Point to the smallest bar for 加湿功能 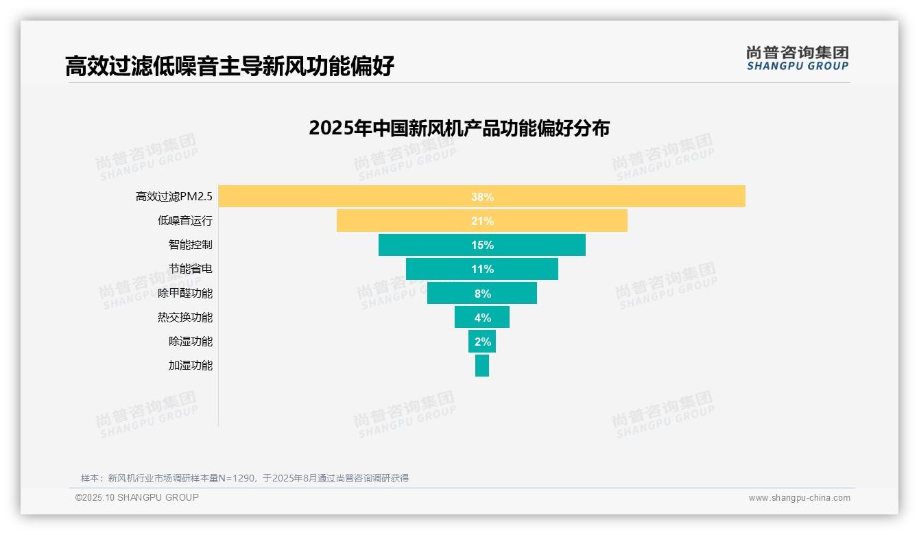tap(482, 365)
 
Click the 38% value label tap(482, 197)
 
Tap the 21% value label tap(482, 221)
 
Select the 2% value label tap(482, 342)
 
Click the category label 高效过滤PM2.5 tap(174, 197)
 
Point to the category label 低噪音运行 tap(185, 221)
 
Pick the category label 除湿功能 tap(191, 341)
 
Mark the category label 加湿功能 tap(191, 365)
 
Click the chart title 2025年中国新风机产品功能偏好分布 tap(459, 128)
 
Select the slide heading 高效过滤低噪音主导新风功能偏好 tap(230, 66)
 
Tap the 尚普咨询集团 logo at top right tap(797, 58)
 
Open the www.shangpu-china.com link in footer tap(799, 498)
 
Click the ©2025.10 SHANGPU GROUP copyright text tap(137, 497)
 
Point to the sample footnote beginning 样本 tap(244, 478)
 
